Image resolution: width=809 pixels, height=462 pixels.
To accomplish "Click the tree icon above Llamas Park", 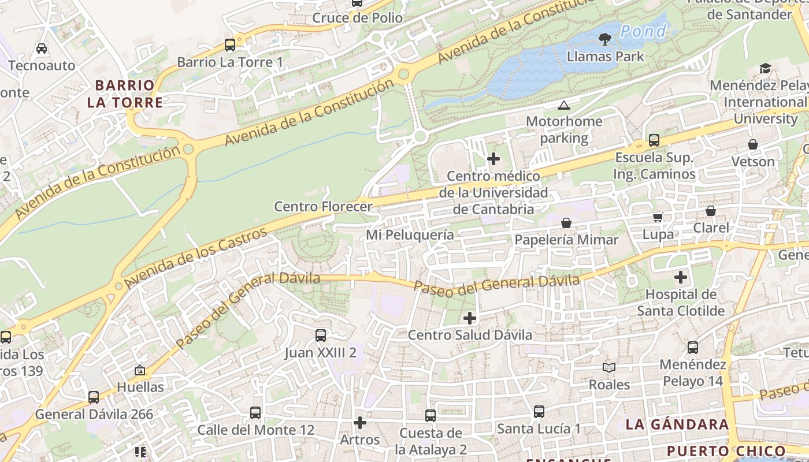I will [x=605, y=39].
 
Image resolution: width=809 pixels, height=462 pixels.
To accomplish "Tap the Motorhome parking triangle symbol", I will [x=563, y=105].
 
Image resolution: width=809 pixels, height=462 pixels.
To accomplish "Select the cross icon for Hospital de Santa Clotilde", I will [x=681, y=277].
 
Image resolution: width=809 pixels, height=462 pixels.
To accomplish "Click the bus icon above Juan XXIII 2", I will [x=320, y=335].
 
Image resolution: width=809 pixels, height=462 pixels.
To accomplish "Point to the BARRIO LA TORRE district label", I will [x=125, y=94].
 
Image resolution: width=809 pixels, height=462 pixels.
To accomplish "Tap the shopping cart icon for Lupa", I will [x=658, y=217].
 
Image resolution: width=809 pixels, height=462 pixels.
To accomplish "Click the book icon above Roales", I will [x=608, y=367].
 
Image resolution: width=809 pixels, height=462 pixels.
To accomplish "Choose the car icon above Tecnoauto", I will [x=42, y=48].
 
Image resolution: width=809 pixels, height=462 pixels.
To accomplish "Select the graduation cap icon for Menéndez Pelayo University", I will [x=766, y=68].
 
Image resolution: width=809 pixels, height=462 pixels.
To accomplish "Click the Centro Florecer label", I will [x=323, y=206].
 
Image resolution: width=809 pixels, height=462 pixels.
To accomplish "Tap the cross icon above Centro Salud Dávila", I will [x=470, y=318].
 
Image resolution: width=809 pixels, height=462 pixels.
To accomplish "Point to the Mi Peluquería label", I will [x=410, y=235].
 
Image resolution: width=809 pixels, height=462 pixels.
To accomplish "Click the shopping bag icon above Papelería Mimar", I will [x=566, y=222].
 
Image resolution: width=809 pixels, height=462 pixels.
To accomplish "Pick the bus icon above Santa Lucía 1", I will [x=539, y=411].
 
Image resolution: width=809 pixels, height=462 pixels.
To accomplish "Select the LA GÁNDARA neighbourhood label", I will [x=677, y=424].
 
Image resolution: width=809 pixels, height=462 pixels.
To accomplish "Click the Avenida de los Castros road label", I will [x=196, y=258].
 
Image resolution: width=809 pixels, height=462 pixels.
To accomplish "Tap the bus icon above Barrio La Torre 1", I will [x=230, y=44].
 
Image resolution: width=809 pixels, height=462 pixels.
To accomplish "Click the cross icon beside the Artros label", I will [x=360, y=423].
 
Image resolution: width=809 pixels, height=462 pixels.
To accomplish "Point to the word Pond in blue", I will [x=643, y=31].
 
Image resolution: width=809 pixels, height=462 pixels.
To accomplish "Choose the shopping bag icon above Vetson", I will [x=752, y=144].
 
